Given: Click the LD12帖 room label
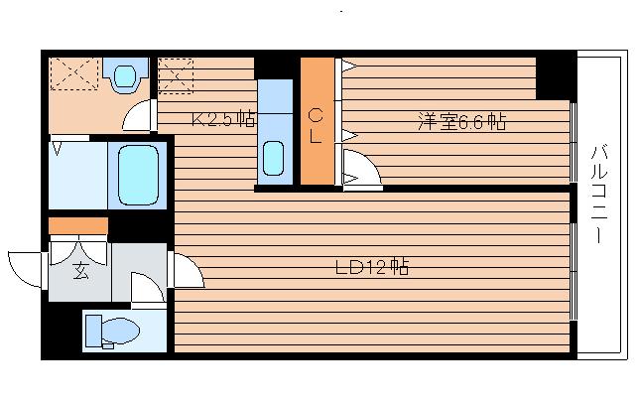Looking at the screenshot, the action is (x=372, y=267).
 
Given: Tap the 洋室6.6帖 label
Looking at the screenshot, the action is (x=461, y=121).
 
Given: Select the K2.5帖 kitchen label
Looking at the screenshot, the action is (x=223, y=118).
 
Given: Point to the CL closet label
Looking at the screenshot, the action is (x=316, y=126).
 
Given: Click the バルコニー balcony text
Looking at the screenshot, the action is (x=598, y=194).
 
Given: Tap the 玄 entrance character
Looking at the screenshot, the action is (x=80, y=271).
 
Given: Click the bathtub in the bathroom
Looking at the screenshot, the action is (x=138, y=176).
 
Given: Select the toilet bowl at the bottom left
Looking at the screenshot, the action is (x=119, y=330).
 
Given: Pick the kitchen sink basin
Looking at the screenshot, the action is (x=273, y=158).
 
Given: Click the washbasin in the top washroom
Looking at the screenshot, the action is (x=125, y=75).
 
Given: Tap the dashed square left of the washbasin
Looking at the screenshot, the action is (x=74, y=73).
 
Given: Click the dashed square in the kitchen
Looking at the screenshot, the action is (x=176, y=75).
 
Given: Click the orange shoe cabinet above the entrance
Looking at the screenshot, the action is (x=78, y=226).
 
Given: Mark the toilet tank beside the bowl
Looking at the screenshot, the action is (x=93, y=331).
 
